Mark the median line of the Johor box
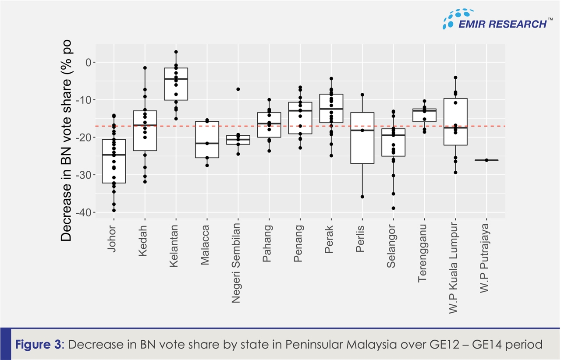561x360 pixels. click(x=114, y=155)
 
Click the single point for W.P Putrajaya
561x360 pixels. click(x=486, y=160)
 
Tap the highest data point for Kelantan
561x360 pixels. click(x=176, y=52)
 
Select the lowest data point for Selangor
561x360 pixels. click(x=393, y=208)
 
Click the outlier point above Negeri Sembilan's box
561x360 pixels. click(x=238, y=89)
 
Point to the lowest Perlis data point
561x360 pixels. click(x=362, y=197)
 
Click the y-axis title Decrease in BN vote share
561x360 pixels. click(x=66, y=142)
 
